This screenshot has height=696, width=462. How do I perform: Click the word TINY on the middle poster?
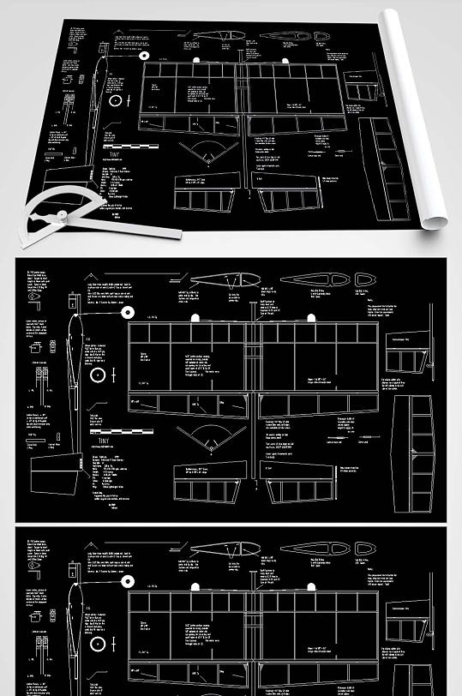click(x=104, y=441)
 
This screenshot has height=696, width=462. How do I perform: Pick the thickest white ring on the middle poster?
click(x=98, y=375)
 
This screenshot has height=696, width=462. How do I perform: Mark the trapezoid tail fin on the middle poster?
click(x=54, y=477)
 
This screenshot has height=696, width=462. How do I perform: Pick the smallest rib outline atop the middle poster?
click(x=365, y=279)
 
